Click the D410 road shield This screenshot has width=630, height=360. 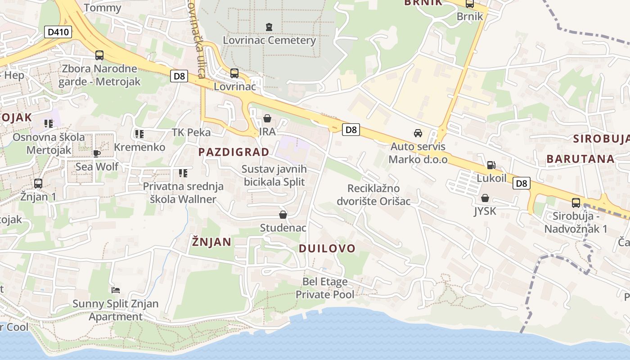(58, 32)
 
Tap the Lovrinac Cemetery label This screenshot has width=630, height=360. (269, 40)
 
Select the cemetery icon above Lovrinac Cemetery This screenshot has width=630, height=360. (269, 27)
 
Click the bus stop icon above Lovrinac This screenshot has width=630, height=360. (234, 73)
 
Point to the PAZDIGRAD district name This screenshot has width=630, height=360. (234, 152)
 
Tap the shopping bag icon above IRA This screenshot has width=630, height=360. (267, 118)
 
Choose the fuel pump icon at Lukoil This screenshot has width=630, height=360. (491, 165)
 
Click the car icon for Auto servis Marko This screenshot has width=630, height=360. (418, 133)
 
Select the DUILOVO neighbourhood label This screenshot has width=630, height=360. (327, 248)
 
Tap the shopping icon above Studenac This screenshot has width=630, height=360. (283, 215)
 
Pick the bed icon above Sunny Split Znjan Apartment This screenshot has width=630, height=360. (116, 290)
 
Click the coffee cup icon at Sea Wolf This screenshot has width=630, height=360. (97, 153)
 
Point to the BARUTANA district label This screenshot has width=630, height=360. (580, 158)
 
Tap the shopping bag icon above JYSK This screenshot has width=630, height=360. (485, 198)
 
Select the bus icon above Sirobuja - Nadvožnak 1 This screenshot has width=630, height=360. (576, 203)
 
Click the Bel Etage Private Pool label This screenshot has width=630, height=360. (325, 288)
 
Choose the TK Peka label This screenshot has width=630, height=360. (191, 132)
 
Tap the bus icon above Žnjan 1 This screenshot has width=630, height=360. (38, 184)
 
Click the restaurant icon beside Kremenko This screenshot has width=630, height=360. (139, 134)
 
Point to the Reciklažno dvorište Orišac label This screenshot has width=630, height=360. (373, 194)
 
